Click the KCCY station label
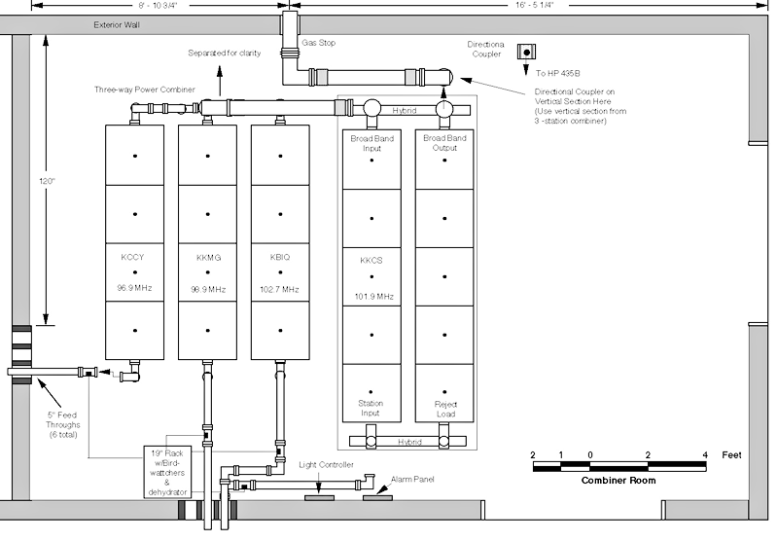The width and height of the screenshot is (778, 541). pyautogui.click(x=132, y=257)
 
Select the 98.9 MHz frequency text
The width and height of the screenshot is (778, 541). pyautogui.click(x=208, y=289)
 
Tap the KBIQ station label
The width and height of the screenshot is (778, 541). pyautogui.click(x=280, y=257)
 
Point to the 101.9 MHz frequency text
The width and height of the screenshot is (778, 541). pyautogui.click(x=373, y=297)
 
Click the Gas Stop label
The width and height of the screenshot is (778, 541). pyautogui.click(x=319, y=43)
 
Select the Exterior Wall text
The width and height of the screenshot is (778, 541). pyautogui.click(x=117, y=25)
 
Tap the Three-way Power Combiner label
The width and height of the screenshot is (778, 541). pyautogui.click(x=145, y=90)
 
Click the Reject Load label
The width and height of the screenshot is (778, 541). pyautogui.click(x=445, y=409)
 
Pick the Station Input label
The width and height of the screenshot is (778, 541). pyautogui.click(x=371, y=408)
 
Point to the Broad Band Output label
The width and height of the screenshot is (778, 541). pyautogui.click(x=444, y=143)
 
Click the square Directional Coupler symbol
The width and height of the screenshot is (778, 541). pyautogui.click(x=526, y=52)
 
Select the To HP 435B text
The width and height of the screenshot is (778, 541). pyautogui.click(x=557, y=73)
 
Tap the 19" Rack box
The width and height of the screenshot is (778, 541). pyautogui.click(x=166, y=472)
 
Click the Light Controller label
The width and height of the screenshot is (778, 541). pyautogui.click(x=326, y=464)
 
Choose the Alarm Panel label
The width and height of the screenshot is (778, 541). pyautogui.click(x=412, y=479)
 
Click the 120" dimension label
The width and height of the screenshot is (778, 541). pyautogui.click(x=47, y=181)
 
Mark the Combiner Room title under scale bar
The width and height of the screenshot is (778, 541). pyautogui.click(x=619, y=480)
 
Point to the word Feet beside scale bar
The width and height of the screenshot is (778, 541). pyautogui.click(x=732, y=454)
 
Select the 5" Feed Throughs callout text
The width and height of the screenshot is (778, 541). pyautogui.click(x=62, y=425)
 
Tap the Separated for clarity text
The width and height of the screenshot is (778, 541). pyautogui.click(x=225, y=54)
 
